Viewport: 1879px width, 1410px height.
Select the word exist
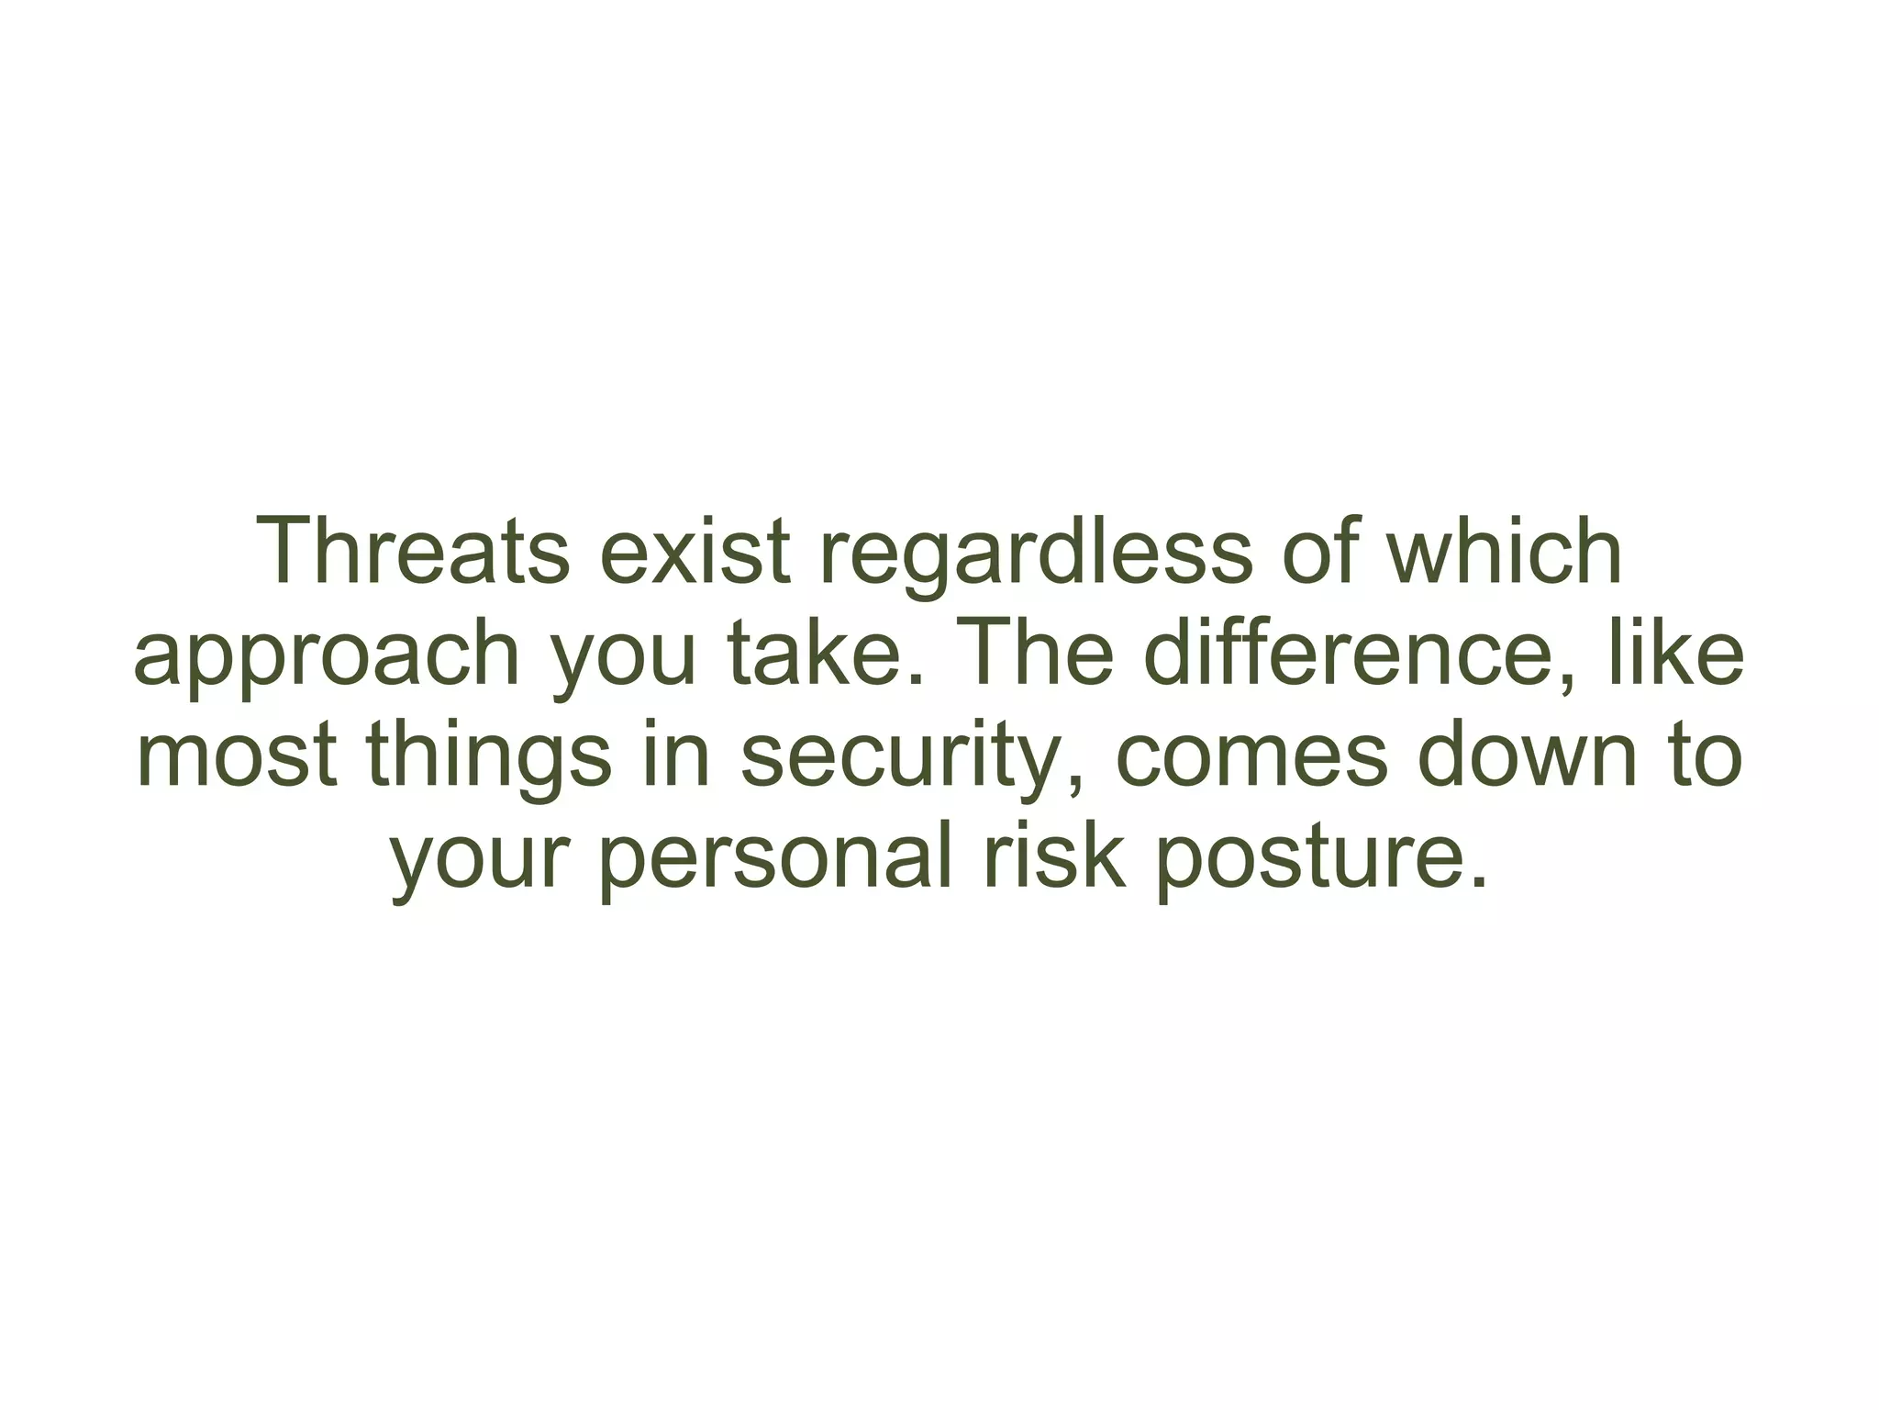[695, 552]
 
